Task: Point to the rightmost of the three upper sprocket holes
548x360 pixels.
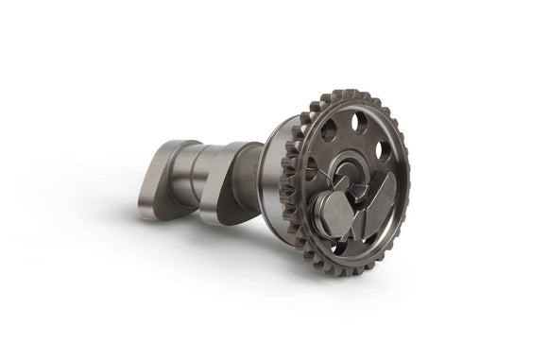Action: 385,148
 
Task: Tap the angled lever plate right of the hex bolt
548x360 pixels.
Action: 379,203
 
